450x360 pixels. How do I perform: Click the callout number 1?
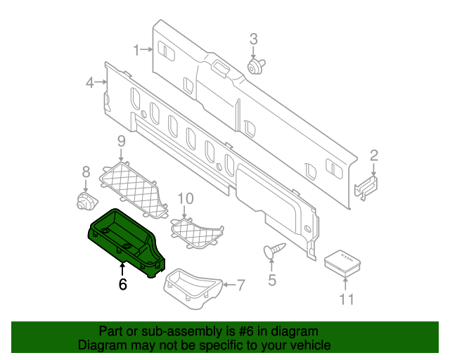click(x=138, y=50)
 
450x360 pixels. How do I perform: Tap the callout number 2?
click(x=374, y=155)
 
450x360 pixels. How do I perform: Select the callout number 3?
click(x=254, y=39)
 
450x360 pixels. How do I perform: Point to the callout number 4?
click(x=89, y=83)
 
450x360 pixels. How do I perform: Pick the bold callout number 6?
click(x=122, y=284)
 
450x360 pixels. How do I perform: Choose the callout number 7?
click(x=240, y=285)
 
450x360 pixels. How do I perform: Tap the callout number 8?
click(x=86, y=172)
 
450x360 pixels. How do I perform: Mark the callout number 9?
click(x=120, y=141)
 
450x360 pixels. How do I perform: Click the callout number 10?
click(x=184, y=198)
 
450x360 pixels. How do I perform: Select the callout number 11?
click(x=345, y=300)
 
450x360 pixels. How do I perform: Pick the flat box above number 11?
click(x=343, y=261)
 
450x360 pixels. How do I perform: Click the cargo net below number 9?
click(x=134, y=186)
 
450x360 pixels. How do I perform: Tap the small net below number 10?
click(x=197, y=233)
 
